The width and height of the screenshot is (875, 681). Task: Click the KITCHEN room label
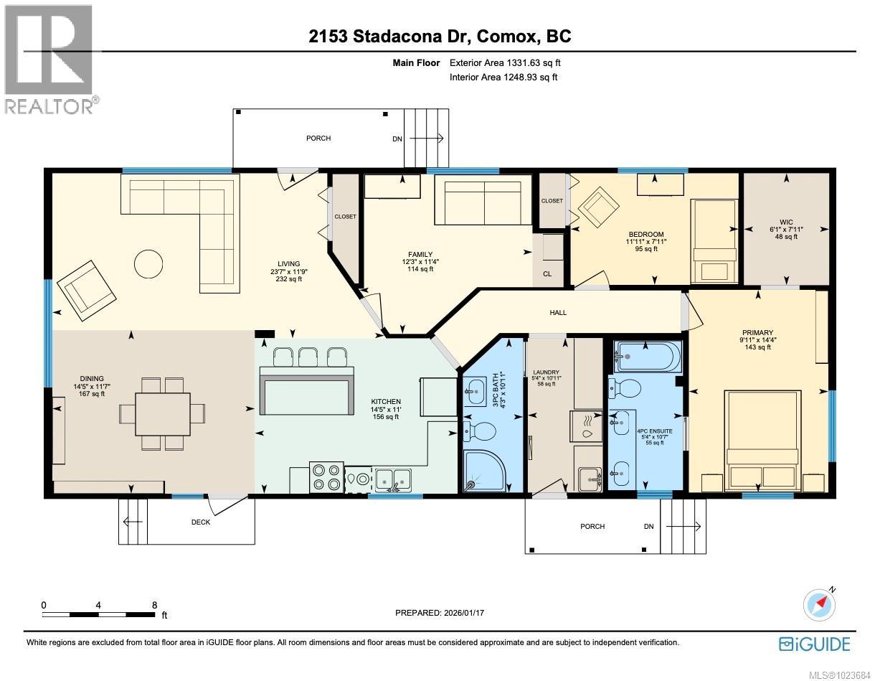pos(386,402)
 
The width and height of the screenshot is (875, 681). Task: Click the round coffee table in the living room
pos(150,263)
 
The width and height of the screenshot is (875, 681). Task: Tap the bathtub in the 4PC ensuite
pos(648,357)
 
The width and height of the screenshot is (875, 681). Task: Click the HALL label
pos(558,312)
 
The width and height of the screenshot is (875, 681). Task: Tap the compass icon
pos(819,604)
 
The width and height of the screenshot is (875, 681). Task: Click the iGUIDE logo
pos(814,643)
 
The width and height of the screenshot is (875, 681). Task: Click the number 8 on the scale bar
pos(154,605)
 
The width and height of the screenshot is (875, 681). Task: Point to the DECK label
pos(201,522)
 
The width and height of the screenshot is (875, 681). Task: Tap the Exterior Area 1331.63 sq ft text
pos(503,63)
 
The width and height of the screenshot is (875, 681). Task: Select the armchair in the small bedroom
pos(599,207)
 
